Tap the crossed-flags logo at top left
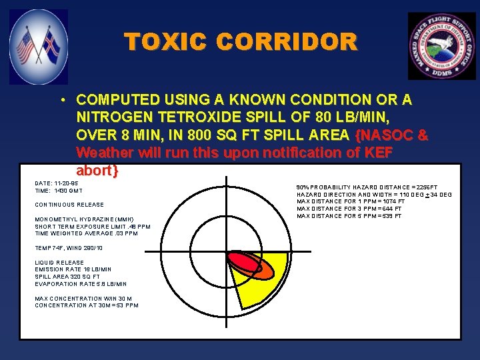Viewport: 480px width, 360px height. coord(39,46)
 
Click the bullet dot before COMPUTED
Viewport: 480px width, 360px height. coord(61,101)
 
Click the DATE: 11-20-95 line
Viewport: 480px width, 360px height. coord(57,182)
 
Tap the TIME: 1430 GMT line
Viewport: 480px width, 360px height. coord(59,191)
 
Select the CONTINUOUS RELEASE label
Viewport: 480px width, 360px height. coord(69,205)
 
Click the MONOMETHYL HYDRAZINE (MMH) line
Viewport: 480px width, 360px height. coord(84,219)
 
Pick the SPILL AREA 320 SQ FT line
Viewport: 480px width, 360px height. coord(67,277)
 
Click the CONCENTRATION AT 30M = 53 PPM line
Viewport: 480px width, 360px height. coord(87,305)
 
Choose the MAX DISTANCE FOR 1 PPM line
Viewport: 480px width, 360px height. coord(350,201)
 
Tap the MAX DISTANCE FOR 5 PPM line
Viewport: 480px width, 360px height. coord(349,216)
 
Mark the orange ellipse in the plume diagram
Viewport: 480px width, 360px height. coord(261,270)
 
